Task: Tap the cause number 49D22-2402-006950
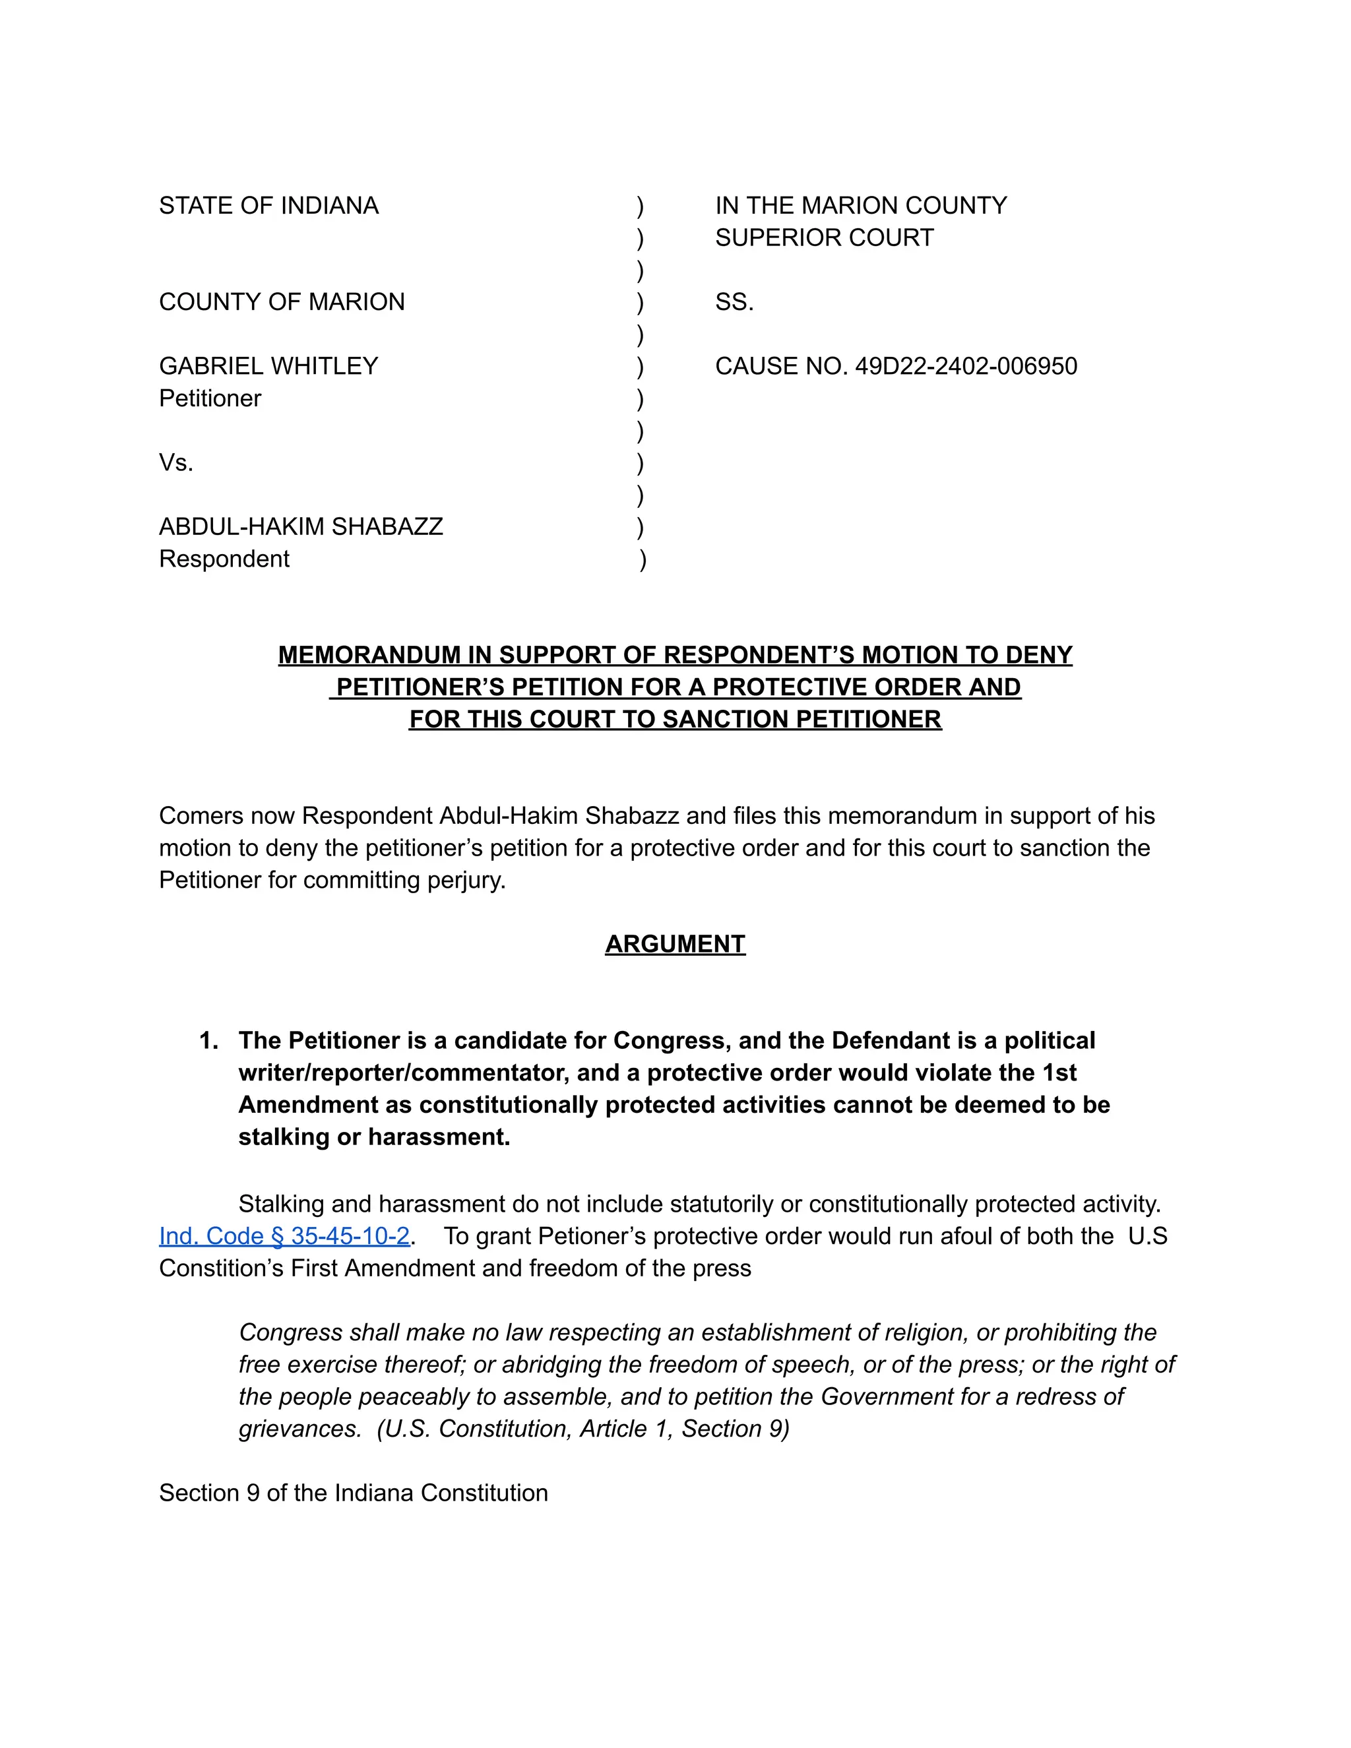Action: pyautogui.click(x=965, y=367)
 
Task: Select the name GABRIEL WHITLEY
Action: pyautogui.click(x=268, y=367)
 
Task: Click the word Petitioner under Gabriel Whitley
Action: pyautogui.click(x=210, y=398)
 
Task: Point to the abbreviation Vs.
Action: pyautogui.click(x=176, y=462)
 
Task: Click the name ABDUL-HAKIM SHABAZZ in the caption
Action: pyautogui.click(x=301, y=526)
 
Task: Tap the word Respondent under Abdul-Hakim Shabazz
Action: pyautogui.click(x=224, y=559)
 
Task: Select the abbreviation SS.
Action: pyautogui.click(x=734, y=303)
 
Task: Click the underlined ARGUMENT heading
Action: pyautogui.click(x=675, y=944)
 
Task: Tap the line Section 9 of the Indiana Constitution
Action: pyautogui.click(x=353, y=1493)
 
